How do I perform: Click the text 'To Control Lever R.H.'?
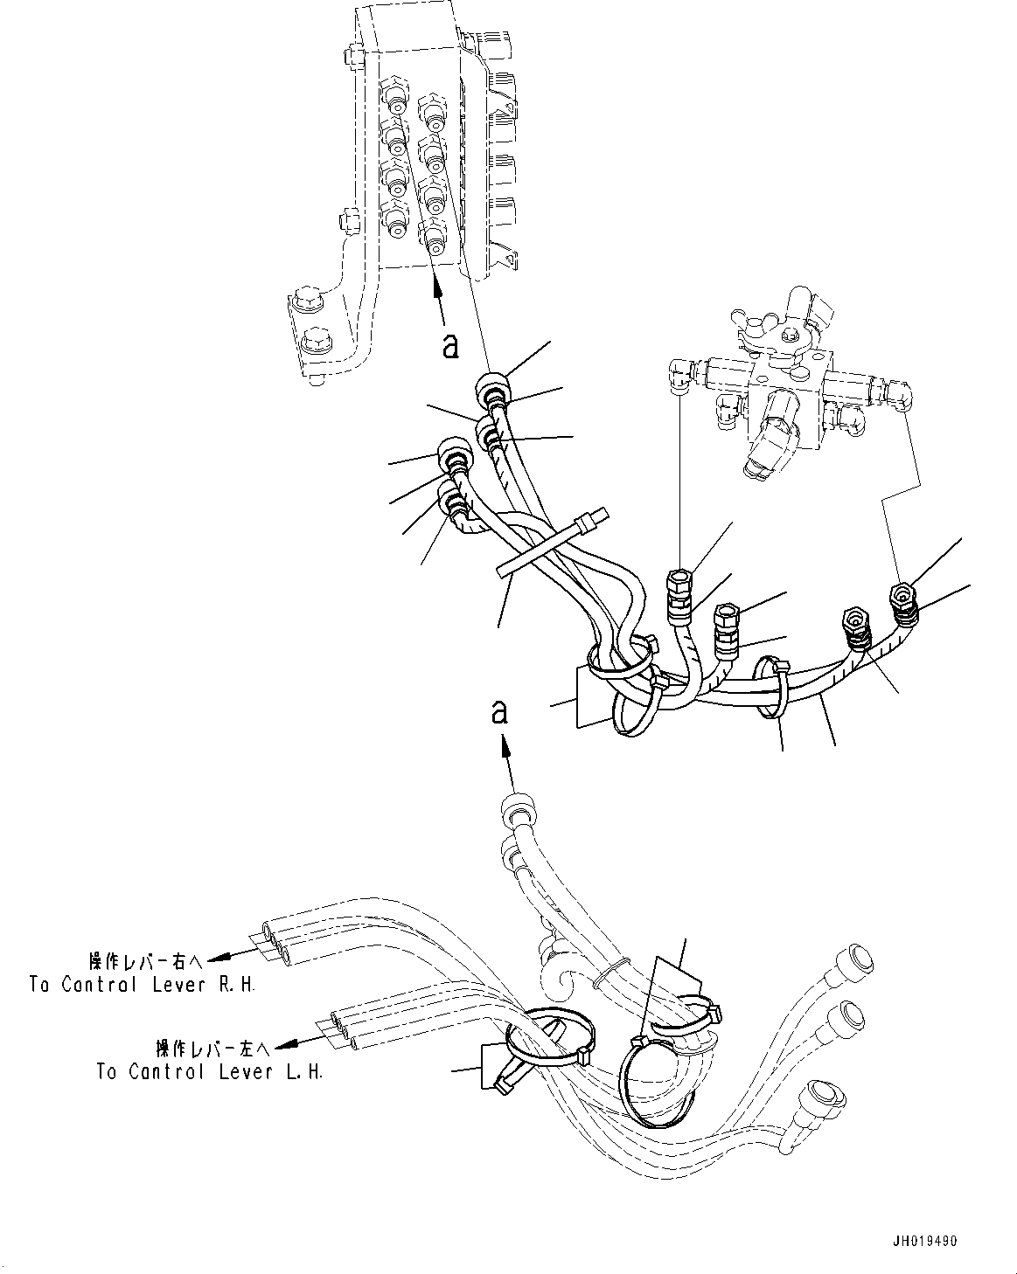(143, 985)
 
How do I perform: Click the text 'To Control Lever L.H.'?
(210, 1071)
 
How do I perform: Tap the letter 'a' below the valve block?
(450, 346)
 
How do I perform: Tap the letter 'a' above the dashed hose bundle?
(499, 712)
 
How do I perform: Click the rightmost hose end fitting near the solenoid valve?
(902, 596)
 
